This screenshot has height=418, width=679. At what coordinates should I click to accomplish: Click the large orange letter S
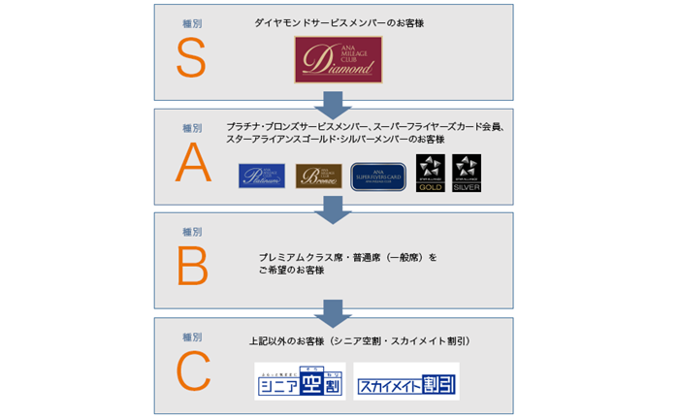pyautogui.click(x=191, y=58)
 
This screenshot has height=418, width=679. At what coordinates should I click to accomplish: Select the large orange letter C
pyautogui.click(x=191, y=372)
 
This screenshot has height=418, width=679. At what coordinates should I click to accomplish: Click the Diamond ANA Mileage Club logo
pyautogui.click(x=334, y=60)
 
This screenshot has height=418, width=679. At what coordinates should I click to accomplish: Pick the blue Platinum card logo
pyautogui.click(x=262, y=176)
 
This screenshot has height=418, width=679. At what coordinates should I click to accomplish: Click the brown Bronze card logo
pyautogui.click(x=318, y=176)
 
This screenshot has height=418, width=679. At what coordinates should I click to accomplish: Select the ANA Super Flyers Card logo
pyautogui.click(x=378, y=176)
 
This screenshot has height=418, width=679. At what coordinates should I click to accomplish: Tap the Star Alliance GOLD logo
pyautogui.click(x=431, y=174)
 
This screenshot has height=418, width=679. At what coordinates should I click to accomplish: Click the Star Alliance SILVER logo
pyautogui.click(x=467, y=174)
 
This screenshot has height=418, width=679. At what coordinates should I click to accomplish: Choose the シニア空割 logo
pyautogui.click(x=299, y=381)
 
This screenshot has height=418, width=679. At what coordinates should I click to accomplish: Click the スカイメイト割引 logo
pyautogui.click(x=406, y=381)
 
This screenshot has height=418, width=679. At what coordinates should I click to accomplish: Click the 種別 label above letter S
pyautogui.click(x=192, y=22)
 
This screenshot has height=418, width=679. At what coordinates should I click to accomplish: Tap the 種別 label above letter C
pyautogui.click(x=192, y=337)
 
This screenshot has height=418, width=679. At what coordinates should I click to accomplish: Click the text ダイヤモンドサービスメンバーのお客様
pyautogui.click(x=333, y=21)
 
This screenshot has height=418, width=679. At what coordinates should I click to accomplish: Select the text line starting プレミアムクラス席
pyautogui.click(x=347, y=257)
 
